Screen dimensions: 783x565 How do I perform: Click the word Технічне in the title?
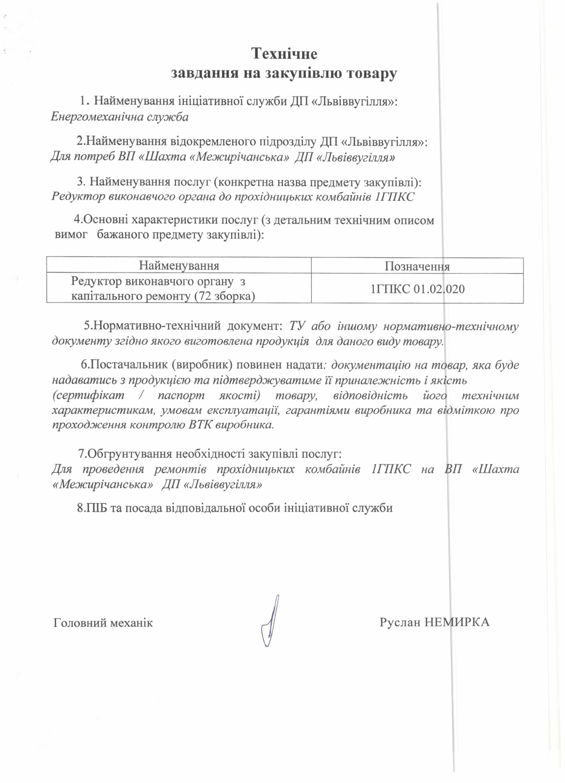point(284,54)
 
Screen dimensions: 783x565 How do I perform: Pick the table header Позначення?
point(417,266)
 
